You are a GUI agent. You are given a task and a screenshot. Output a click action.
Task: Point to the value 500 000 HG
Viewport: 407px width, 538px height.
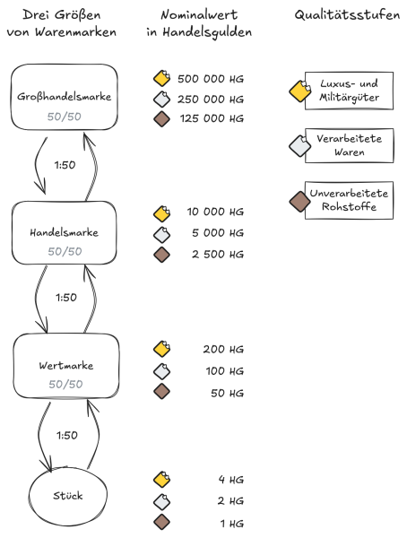click(211, 78)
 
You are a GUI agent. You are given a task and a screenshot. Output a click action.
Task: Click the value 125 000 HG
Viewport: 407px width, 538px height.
click(211, 118)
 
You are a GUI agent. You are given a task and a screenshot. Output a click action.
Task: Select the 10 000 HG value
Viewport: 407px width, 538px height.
click(214, 213)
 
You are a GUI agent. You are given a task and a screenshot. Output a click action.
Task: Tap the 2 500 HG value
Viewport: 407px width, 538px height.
click(218, 255)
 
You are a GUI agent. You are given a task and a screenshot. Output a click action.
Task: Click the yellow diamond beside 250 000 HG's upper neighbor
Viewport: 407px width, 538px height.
click(161, 78)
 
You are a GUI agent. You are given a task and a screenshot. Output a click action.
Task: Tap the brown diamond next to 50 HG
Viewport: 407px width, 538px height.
click(161, 391)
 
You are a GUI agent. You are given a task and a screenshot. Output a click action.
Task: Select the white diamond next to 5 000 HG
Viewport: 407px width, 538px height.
click(161, 234)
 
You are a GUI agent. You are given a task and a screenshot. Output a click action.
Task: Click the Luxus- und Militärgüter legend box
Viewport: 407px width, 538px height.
click(348, 90)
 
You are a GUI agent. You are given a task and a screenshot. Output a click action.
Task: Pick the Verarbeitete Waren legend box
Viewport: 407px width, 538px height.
click(348, 146)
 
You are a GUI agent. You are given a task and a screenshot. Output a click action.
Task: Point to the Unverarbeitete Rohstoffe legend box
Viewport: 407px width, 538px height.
click(348, 201)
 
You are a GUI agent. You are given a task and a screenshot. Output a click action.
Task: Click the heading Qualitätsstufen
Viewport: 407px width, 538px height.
click(347, 16)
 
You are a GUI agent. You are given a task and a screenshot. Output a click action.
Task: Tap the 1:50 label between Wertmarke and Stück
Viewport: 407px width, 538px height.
click(65, 435)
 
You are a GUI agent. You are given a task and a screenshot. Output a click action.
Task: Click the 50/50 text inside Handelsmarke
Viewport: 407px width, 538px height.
click(65, 251)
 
